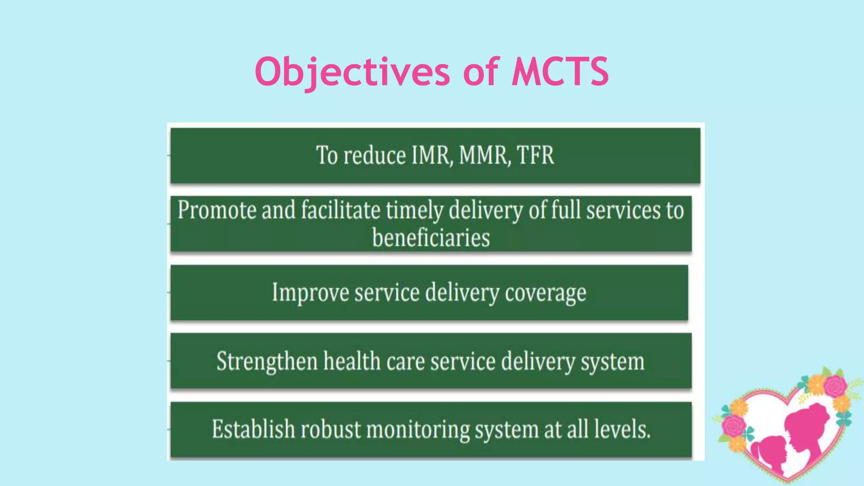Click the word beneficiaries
point(431,238)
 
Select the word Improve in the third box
point(310,293)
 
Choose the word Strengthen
point(267,362)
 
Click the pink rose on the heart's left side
point(733,426)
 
